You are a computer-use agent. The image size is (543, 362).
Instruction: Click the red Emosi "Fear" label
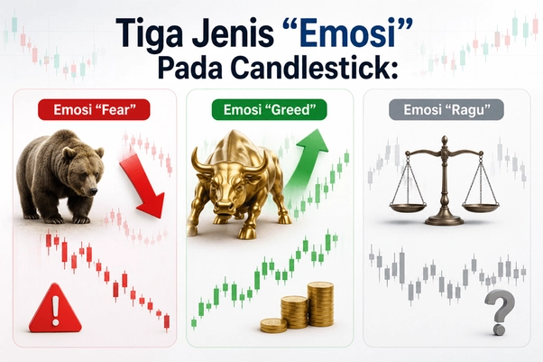[94, 109]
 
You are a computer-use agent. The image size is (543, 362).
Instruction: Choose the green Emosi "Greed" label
[269, 109]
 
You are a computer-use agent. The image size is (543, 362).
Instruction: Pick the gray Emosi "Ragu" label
[446, 109]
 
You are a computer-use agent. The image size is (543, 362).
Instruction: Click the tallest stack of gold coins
[321, 304]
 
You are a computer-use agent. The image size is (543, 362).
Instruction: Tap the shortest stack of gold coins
[273, 325]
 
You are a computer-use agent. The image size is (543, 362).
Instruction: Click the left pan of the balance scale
[408, 208]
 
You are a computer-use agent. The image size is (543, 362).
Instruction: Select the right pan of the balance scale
[481, 208]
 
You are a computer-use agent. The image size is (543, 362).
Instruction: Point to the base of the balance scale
[444, 220]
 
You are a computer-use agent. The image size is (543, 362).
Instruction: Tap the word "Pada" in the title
[190, 68]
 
